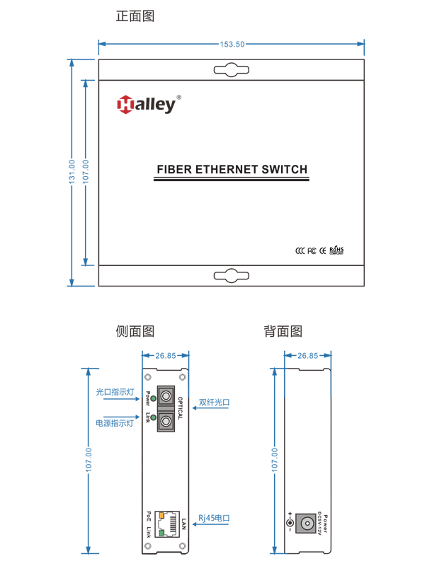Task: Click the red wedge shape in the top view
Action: point(122,112)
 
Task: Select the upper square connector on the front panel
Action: point(166,395)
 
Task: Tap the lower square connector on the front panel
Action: point(166,422)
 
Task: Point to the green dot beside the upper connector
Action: point(153,399)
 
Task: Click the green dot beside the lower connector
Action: point(153,418)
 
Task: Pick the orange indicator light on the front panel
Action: point(161,515)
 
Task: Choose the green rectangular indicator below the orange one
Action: point(161,532)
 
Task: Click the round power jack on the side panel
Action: point(306,524)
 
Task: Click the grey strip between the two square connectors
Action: point(166,409)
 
